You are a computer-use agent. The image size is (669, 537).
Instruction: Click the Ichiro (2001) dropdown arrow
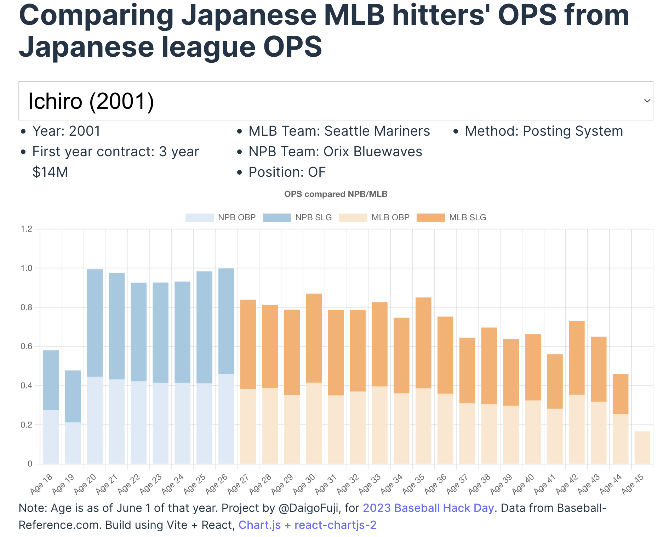[647, 101]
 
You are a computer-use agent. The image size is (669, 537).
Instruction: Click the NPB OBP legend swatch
[200, 217]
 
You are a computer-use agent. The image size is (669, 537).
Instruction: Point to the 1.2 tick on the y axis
[27, 229]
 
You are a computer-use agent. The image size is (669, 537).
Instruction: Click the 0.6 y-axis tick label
[27, 346]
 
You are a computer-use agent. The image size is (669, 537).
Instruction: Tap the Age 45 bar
[642, 447]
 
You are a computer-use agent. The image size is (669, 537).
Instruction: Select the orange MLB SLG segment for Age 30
[314, 338]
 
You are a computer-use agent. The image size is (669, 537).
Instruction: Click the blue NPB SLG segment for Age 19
[73, 396]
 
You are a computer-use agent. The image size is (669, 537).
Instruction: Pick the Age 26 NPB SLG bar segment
[226, 321]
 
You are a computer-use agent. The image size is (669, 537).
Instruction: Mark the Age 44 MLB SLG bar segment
[621, 394]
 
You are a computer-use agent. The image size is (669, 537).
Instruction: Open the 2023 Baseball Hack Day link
[428, 508]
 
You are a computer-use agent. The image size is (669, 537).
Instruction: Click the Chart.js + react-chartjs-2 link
[307, 525]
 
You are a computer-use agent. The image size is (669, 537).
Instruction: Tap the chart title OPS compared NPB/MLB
[336, 194]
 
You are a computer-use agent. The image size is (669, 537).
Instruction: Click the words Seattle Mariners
[377, 131]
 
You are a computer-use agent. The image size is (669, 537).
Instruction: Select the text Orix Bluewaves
[373, 152]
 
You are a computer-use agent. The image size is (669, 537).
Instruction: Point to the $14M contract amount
[50, 172]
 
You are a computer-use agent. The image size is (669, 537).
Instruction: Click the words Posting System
[573, 131]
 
